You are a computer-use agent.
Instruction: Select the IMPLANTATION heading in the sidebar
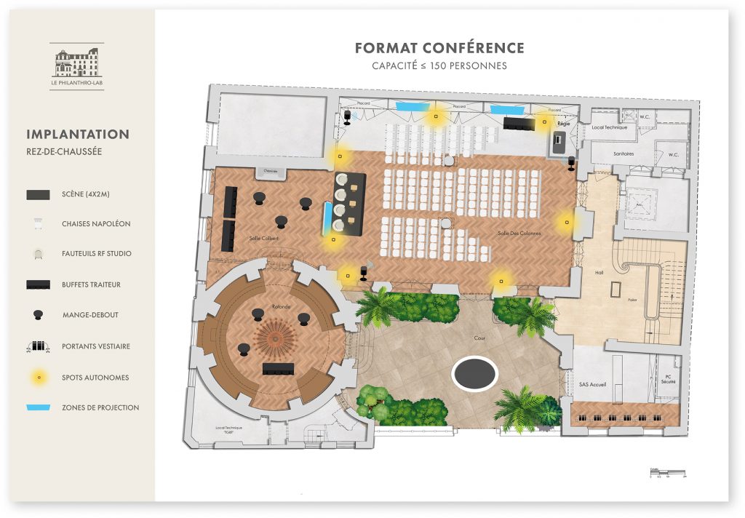78,135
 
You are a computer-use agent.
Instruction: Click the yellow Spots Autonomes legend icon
39,377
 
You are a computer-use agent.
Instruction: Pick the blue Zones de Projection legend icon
38,407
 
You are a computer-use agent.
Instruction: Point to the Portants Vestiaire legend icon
38,346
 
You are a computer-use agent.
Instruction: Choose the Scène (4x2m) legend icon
38,194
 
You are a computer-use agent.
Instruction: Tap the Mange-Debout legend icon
38,315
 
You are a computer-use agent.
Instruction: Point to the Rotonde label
281,307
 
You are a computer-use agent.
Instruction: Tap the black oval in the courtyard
474,373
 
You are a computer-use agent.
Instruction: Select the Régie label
562,124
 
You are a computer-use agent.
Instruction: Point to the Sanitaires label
623,154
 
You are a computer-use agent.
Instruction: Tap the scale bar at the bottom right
667,474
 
